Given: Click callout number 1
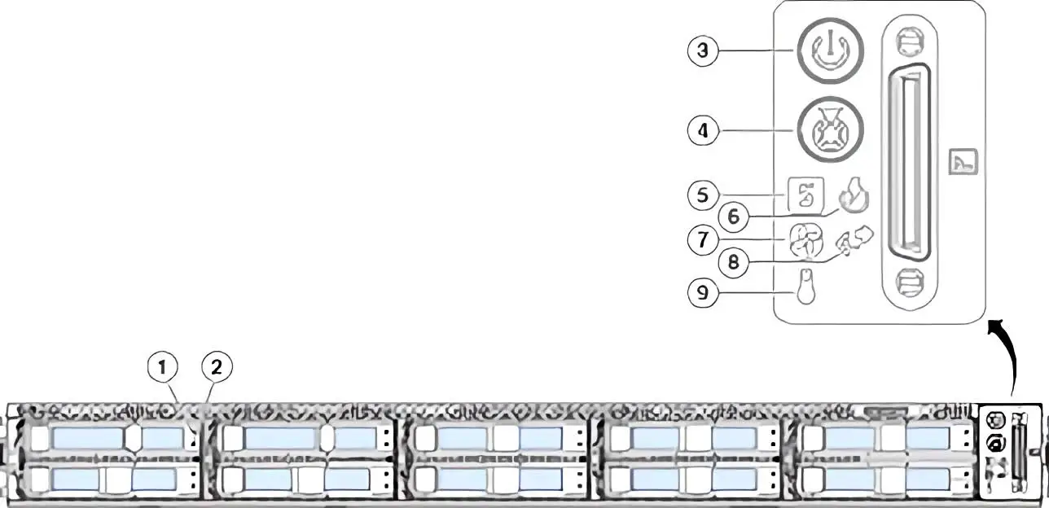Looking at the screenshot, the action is click(163, 367).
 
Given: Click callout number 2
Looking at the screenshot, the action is click(217, 367).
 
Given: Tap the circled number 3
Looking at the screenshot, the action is click(702, 50).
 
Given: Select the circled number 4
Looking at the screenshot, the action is click(702, 130).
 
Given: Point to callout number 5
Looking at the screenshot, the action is click(702, 195).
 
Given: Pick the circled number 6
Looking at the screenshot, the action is click(733, 217).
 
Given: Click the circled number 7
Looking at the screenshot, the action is click(702, 239).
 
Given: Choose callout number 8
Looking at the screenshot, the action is click(733, 261).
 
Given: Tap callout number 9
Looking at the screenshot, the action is click(702, 292).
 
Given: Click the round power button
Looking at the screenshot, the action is click(830, 50).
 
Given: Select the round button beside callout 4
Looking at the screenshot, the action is click(830, 129).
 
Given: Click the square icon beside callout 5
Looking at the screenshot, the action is click(805, 195).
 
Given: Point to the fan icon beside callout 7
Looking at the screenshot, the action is click(805, 240).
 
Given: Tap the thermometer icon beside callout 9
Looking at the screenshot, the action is click(806, 287).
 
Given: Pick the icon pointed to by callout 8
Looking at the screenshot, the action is click(855, 241).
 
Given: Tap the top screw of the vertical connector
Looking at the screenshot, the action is click(911, 42).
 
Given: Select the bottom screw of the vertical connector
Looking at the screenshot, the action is click(911, 282).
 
